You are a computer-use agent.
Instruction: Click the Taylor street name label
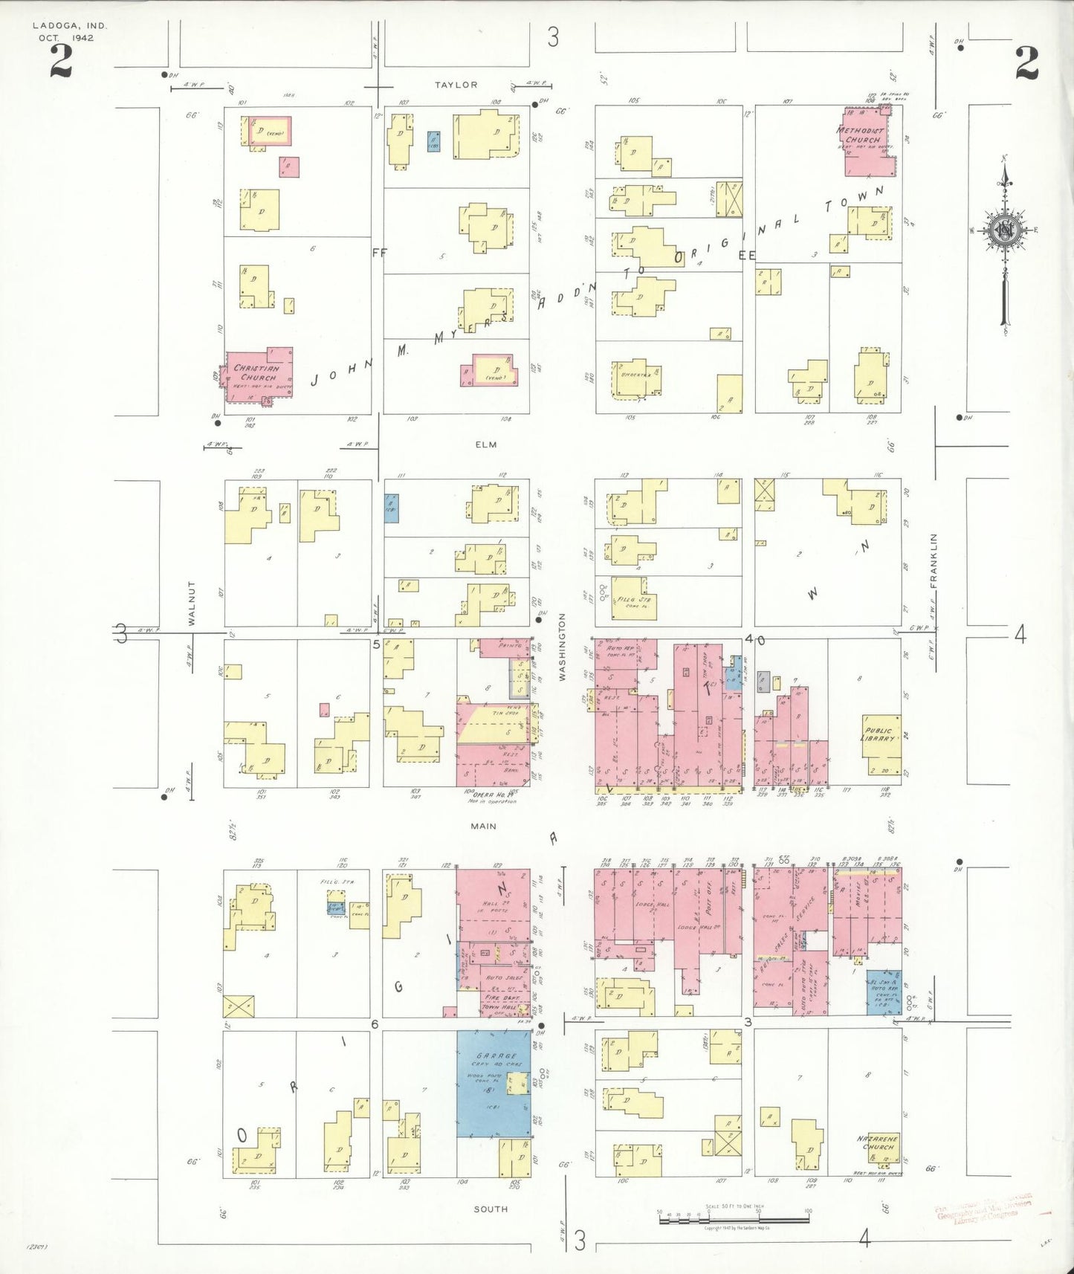click(x=456, y=85)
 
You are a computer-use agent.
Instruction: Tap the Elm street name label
click(x=486, y=444)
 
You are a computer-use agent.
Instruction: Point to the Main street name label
click(x=483, y=826)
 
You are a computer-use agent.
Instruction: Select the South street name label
click(x=491, y=1209)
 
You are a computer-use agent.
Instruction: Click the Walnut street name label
click(x=192, y=603)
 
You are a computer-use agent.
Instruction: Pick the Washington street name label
click(x=563, y=647)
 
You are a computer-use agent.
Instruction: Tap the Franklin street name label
click(x=934, y=560)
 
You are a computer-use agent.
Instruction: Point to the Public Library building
click(x=881, y=743)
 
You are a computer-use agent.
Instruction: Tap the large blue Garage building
click(x=492, y=1083)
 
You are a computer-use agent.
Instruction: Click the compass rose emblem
click(x=1005, y=230)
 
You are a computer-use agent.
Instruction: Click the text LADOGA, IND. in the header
click(x=70, y=26)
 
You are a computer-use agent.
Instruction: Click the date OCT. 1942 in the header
click(x=67, y=38)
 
